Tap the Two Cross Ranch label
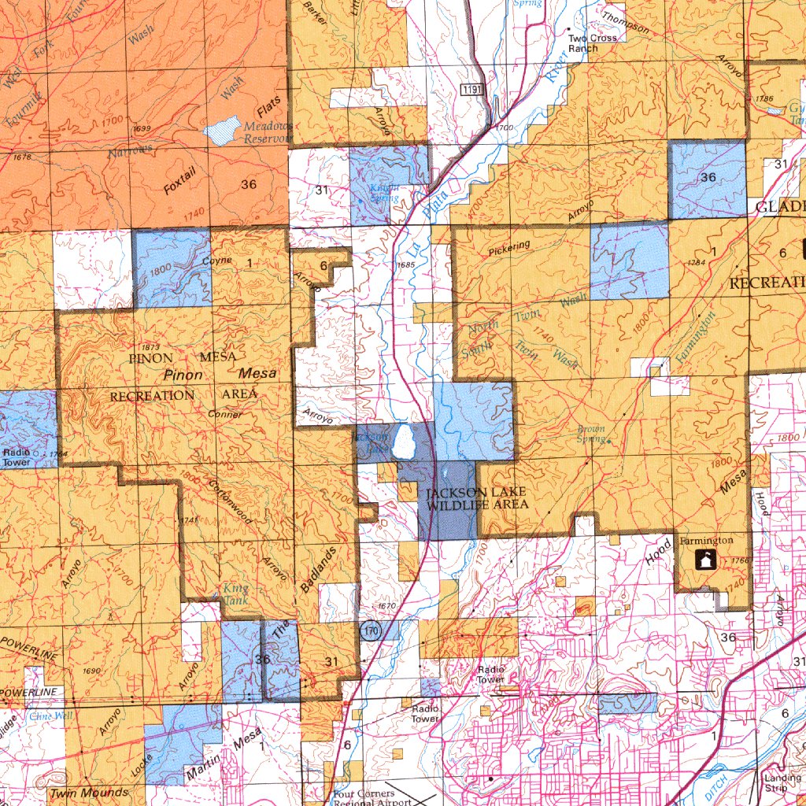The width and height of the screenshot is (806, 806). (583, 43)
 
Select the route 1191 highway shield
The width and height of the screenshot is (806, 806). (472, 91)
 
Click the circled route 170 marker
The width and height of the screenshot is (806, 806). (370, 630)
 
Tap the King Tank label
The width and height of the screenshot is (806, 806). (235, 593)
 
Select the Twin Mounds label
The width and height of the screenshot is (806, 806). (88, 792)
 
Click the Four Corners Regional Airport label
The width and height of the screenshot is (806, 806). (371, 798)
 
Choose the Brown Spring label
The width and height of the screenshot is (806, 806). (591, 434)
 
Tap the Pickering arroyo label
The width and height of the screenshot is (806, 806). (509, 249)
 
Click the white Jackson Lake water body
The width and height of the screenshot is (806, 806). (405, 442)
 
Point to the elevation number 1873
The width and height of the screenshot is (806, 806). (152, 347)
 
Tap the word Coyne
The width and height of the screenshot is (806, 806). (217, 261)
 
